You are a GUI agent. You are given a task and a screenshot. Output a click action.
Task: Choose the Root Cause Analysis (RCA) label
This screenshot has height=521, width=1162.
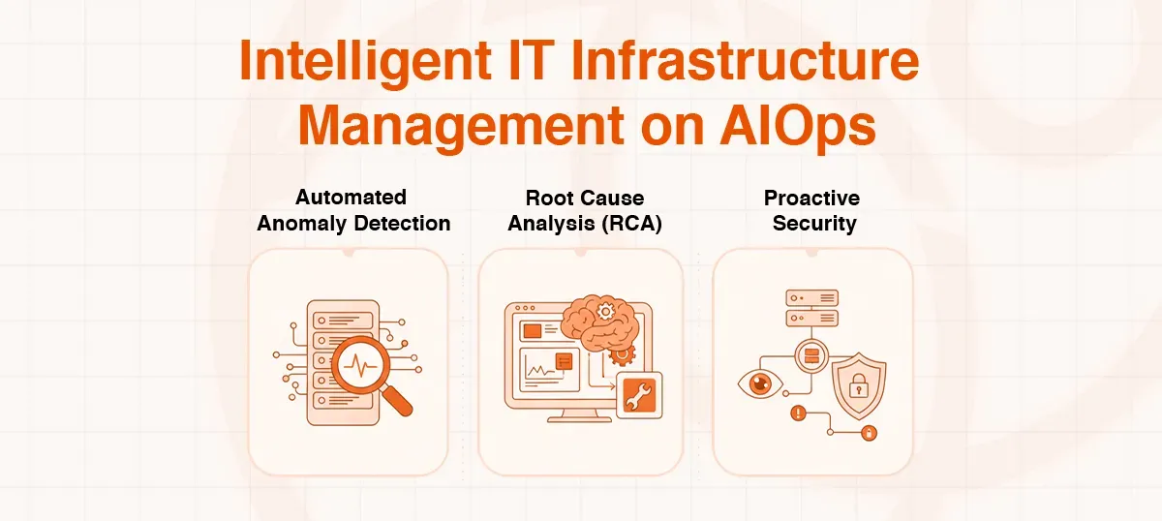tap(585, 210)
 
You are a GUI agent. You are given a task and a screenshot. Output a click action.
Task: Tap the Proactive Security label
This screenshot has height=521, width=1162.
tap(811, 210)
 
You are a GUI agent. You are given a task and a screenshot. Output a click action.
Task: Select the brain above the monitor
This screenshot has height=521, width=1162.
tap(591, 325)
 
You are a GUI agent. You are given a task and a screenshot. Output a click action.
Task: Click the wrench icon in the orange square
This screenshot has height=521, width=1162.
tap(639, 395)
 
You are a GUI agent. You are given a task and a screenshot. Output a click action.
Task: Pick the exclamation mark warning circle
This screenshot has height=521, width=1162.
tap(799, 413)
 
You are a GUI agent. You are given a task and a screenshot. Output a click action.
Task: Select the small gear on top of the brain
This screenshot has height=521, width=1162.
tap(606, 310)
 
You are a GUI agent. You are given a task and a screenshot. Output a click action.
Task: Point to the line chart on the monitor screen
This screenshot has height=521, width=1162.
tap(535, 369)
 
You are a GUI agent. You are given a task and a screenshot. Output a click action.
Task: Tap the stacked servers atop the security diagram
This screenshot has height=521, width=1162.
tap(811, 307)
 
